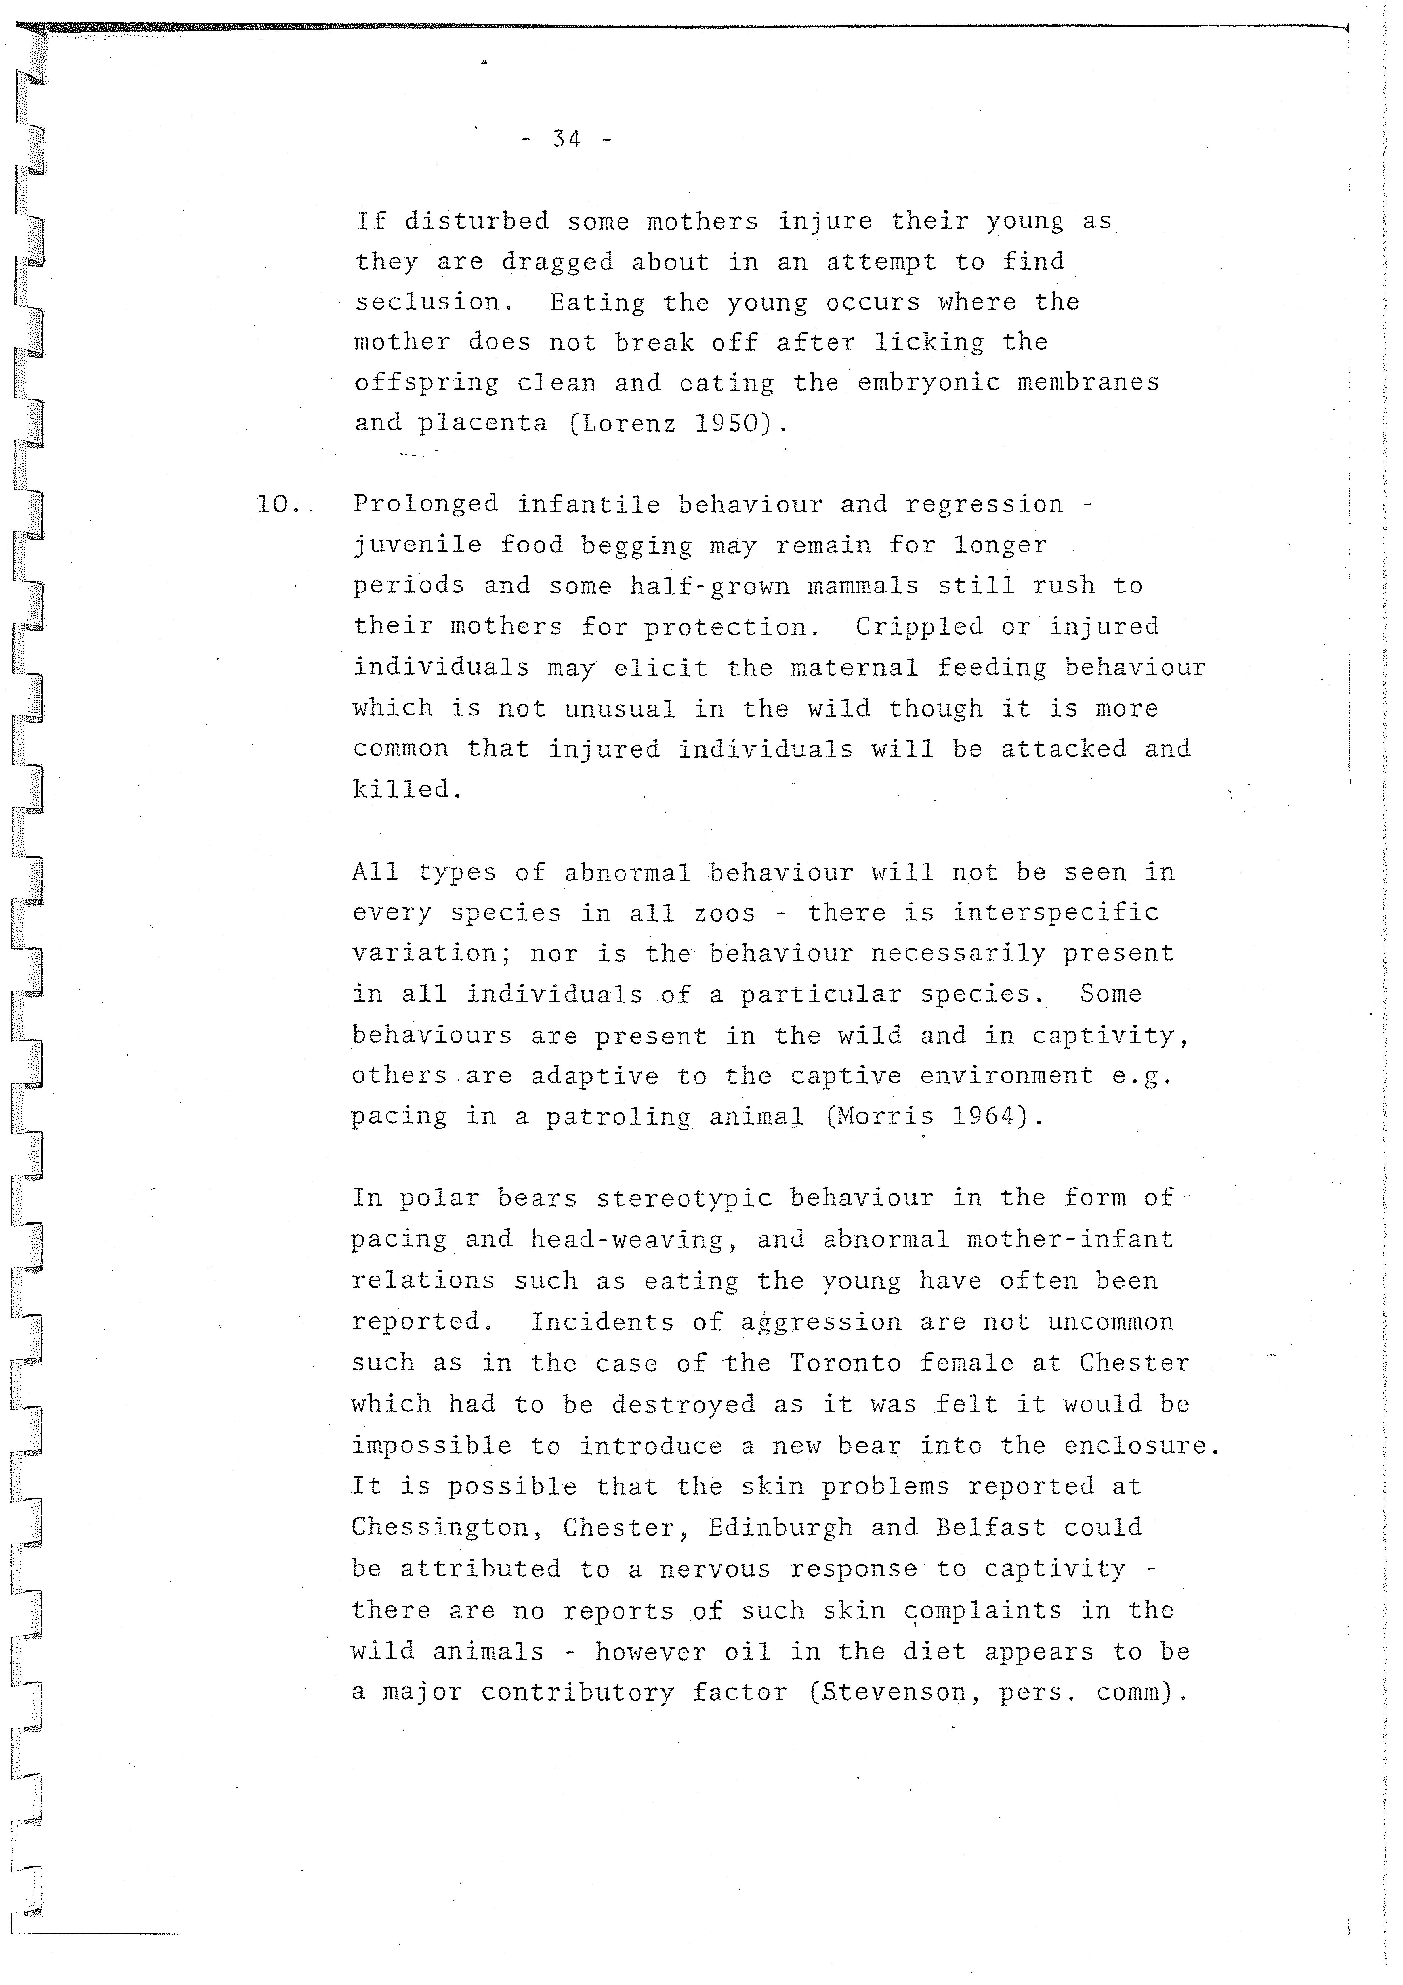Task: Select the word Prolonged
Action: click(425, 504)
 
